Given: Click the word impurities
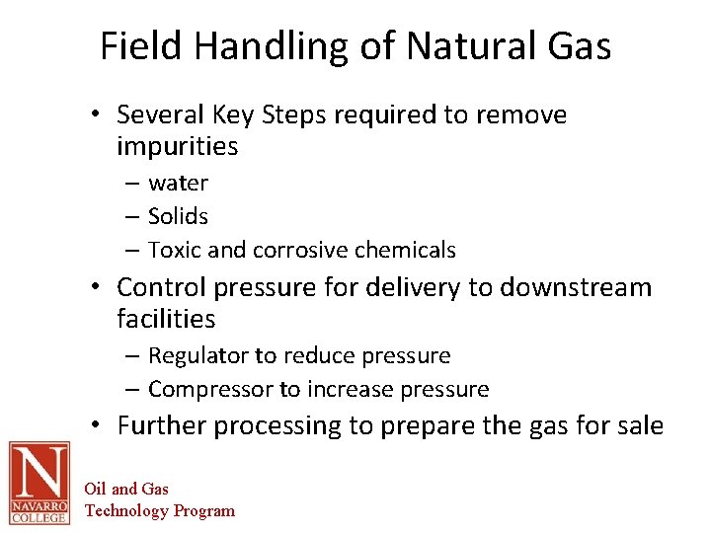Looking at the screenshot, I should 178,147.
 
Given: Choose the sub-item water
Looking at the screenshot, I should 178,184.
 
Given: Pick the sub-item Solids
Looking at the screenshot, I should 178,216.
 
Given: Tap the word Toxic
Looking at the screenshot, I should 175,251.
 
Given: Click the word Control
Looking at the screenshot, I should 158,287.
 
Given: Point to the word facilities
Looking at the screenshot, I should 166,319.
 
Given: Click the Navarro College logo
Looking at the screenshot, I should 39,482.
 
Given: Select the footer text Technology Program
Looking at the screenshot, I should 160,510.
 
